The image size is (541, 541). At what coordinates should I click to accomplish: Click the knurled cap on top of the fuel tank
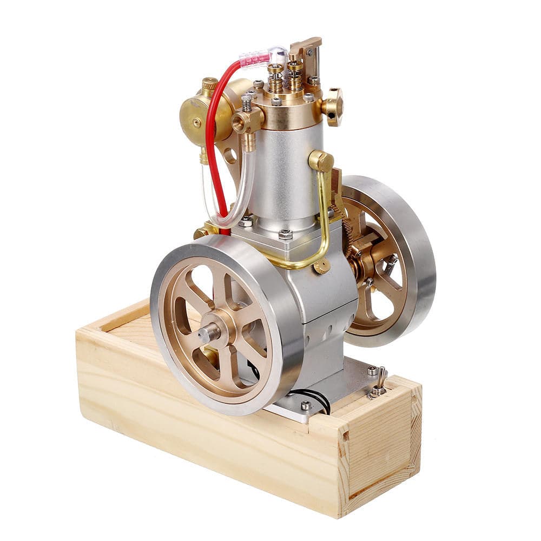tap(209, 84)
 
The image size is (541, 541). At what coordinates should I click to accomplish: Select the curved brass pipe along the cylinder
tap(325, 216)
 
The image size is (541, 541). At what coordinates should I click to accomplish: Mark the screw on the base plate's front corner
tap(306, 405)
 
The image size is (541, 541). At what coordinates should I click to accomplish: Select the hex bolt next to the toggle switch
tap(372, 371)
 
